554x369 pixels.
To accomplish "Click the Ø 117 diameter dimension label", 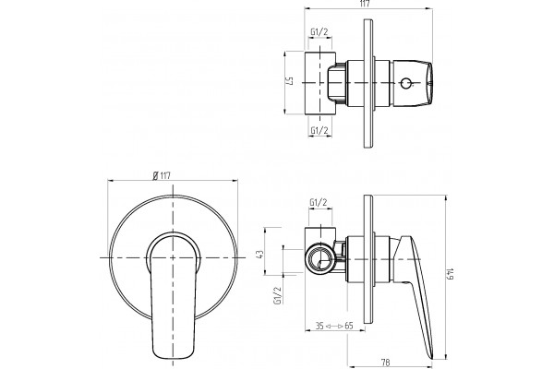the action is [162, 175].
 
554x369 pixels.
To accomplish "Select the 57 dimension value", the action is [290, 82].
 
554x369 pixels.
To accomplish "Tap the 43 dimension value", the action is [259, 255].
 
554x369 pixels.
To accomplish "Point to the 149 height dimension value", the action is [450, 274].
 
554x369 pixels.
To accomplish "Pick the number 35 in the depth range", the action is [319, 326].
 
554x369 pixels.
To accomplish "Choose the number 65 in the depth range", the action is [349, 326].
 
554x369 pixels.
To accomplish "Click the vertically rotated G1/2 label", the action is [277, 295].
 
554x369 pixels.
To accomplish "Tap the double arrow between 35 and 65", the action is [334, 326].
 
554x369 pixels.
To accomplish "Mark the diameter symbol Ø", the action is [155, 175].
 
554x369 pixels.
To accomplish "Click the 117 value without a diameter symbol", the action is [365, 4].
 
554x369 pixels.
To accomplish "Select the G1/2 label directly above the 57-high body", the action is [319, 32].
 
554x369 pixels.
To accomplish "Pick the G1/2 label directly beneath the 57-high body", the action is [319, 131].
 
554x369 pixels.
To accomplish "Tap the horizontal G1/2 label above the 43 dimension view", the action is [319, 203].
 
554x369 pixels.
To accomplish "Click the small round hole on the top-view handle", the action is [405, 83].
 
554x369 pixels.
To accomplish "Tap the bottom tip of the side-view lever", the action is [431, 358].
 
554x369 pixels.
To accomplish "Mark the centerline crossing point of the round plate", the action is [173, 257].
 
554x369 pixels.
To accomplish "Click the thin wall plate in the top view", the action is [368, 83].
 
